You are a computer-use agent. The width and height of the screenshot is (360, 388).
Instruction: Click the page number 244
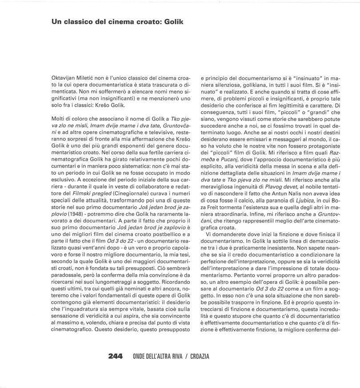(115, 357)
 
